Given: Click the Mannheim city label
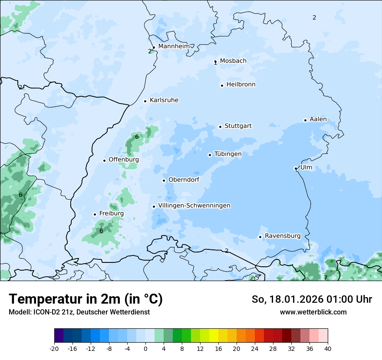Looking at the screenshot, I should (174, 46).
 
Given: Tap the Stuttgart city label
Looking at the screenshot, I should (238, 126).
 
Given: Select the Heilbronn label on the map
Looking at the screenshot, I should (241, 85).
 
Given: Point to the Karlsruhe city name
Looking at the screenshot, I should (164, 100).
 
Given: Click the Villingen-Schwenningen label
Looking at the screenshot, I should (194, 206).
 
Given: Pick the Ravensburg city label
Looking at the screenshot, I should (283, 236).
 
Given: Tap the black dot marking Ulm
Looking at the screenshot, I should (296, 168).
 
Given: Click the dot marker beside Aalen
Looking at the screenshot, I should (305, 120).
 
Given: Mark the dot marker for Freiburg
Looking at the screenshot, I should (95, 214).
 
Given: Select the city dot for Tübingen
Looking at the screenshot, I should (210, 155).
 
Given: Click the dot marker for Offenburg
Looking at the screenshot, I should (104, 160).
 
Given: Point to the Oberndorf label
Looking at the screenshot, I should (184, 180).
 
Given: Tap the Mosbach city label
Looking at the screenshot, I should (233, 61).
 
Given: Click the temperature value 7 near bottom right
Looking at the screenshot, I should (326, 278).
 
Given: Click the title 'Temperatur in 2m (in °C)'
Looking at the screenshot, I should (86, 299).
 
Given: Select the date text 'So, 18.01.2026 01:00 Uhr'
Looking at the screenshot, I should (312, 299).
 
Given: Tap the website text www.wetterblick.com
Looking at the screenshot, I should (313, 312).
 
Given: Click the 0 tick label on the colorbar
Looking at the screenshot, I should (145, 348).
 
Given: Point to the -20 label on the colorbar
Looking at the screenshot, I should (54, 348).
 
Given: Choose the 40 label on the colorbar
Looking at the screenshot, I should (327, 348).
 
